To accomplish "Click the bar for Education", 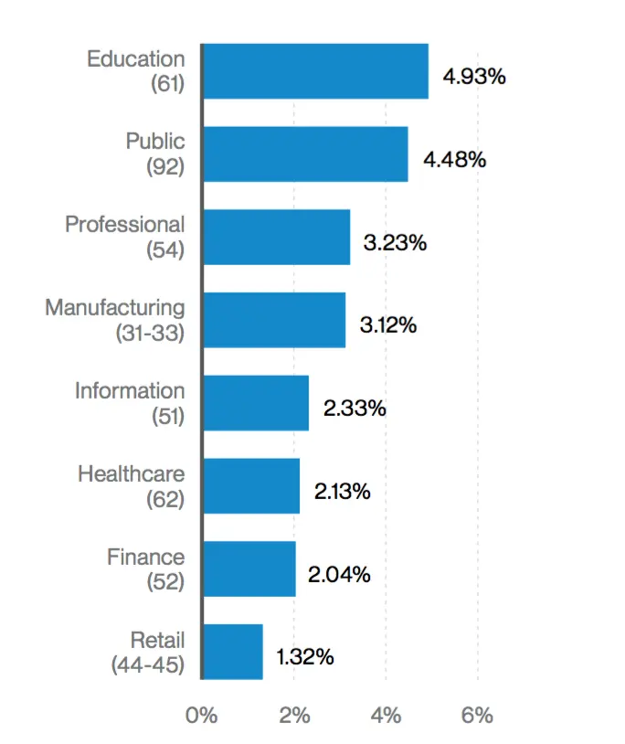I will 315,71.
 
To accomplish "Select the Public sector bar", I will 305,154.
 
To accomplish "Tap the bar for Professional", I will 276,238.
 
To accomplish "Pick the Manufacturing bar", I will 274,320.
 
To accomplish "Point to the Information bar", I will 256,403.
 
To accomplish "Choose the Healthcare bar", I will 251,486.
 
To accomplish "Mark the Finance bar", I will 249,569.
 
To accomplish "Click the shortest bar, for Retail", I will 233,652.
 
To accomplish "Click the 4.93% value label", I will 474,77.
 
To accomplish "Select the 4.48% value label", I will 454,160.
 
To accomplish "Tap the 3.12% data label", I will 388,325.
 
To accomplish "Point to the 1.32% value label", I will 305,657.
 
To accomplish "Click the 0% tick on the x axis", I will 201,715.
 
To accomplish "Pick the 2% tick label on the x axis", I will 294,715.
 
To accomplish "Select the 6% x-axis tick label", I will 477,715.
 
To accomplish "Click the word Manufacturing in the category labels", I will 115,308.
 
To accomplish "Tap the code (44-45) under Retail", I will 148,665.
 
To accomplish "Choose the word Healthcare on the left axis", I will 132,474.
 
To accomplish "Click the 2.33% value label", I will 356,409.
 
